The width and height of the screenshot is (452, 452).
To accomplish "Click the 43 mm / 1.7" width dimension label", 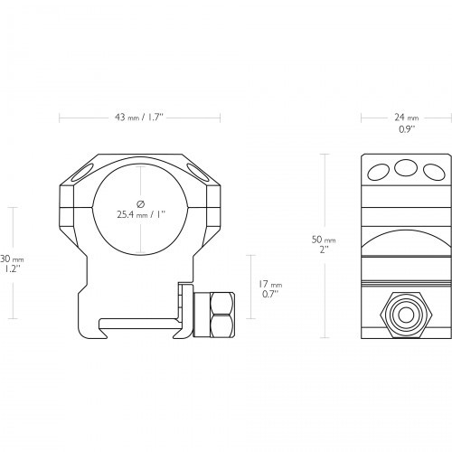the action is (138, 118).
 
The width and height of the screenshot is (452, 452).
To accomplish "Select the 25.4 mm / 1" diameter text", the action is (142, 214).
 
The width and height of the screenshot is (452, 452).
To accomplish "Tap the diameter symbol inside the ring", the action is (141, 204).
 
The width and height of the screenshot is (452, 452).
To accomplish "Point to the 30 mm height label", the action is (12, 259).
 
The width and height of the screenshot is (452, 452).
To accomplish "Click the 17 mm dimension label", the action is (270, 284).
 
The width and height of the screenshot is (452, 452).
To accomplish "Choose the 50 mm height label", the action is (324, 240).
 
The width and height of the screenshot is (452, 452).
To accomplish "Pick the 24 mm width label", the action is (407, 118).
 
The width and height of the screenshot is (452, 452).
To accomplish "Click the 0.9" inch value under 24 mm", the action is (407, 129).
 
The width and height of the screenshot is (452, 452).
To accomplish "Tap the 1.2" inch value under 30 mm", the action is (13, 269).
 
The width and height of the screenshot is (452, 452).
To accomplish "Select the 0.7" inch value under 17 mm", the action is (269, 295).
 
